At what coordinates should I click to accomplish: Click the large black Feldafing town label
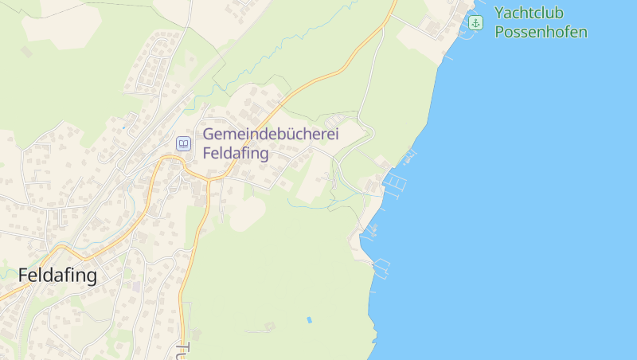57,276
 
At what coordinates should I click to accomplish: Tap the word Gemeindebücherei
271,135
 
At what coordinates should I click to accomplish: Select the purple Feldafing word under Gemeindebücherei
236,154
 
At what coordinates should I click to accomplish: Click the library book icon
184,144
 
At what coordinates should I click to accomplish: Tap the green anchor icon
475,22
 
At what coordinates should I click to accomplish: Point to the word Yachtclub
530,14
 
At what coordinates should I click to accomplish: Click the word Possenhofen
541,33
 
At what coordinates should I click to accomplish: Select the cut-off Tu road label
182,350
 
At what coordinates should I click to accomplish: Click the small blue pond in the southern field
308,319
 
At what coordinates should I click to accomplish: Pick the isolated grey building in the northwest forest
27,51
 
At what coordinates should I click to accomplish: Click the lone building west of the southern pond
269,326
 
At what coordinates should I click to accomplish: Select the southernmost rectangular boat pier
382,266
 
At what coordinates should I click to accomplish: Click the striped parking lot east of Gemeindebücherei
339,120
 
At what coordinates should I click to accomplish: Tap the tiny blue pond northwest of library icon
124,127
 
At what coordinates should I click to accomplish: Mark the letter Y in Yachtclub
499,14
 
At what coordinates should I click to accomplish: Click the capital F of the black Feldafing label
24,276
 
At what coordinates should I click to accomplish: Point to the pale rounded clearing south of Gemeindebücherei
247,213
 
